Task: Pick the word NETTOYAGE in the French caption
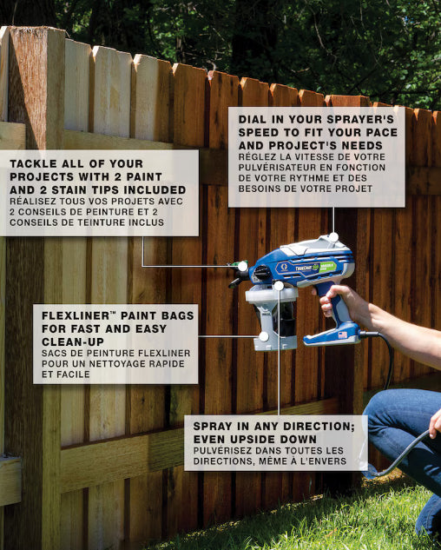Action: [x=116, y=364]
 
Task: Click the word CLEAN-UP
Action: [x=73, y=342]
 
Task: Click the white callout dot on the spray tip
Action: [x=242, y=266]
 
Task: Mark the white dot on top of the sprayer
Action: [x=333, y=237]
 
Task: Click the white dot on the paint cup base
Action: [x=264, y=337]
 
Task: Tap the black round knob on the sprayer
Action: [x=261, y=273]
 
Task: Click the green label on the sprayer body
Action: [x=327, y=267]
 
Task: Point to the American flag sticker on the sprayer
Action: [x=343, y=335]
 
